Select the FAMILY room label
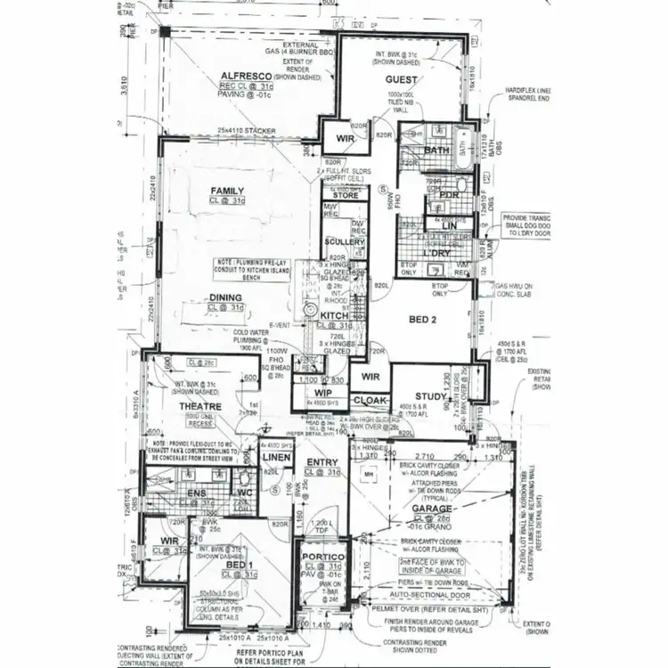pos(227,191)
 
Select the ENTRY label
pos(321,461)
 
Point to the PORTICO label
pos(322,557)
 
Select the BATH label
pos(436,151)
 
